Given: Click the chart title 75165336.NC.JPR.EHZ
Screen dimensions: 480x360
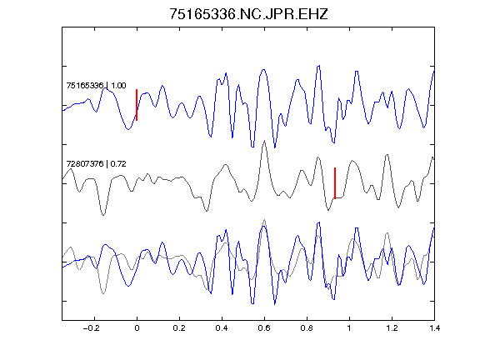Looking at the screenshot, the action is [x=248, y=14].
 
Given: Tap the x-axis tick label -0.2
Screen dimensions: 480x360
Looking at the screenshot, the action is [x=92, y=328].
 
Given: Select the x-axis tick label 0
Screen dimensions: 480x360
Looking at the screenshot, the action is [x=137, y=328].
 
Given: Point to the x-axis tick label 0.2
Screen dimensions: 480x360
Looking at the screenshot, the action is [x=179, y=328].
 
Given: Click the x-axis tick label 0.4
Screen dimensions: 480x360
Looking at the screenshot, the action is [x=222, y=328].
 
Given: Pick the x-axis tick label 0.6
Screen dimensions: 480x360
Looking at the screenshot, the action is [x=264, y=328].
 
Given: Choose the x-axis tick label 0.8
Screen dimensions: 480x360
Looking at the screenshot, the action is [x=307, y=328].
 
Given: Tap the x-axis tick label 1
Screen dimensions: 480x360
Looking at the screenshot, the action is [x=349, y=328].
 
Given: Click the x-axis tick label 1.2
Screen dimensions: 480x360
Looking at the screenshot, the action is [x=392, y=328].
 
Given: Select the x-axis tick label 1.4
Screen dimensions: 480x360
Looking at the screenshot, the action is [x=434, y=328].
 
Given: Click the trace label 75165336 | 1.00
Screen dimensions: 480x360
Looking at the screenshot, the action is [x=96, y=85].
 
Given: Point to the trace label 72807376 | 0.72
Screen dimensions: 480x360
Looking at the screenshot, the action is [x=96, y=164].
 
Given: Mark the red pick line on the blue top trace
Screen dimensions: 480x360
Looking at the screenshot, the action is [x=137, y=105].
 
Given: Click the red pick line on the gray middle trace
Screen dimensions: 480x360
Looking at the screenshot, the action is [x=335, y=183].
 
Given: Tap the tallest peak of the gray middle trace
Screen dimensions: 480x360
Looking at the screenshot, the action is [x=264, y=141].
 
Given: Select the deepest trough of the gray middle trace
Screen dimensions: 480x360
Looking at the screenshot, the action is [x=103, y=215].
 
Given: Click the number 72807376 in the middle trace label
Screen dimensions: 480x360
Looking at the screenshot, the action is [x=85, y=164].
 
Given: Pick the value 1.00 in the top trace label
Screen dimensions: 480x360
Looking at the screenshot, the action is [x=118, y=85].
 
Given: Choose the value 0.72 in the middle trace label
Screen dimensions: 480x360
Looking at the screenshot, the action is [x=118, y=164].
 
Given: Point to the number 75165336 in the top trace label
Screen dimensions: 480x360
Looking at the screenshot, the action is [x=85, y=85].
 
